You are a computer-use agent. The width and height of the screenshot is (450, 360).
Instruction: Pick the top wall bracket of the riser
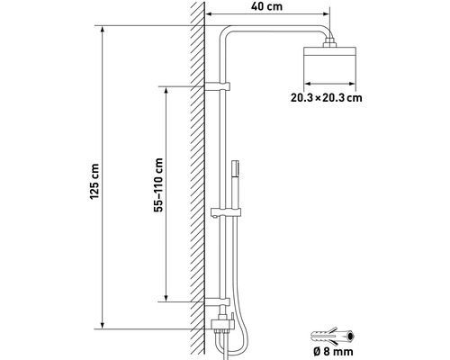[x=220, y=87]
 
